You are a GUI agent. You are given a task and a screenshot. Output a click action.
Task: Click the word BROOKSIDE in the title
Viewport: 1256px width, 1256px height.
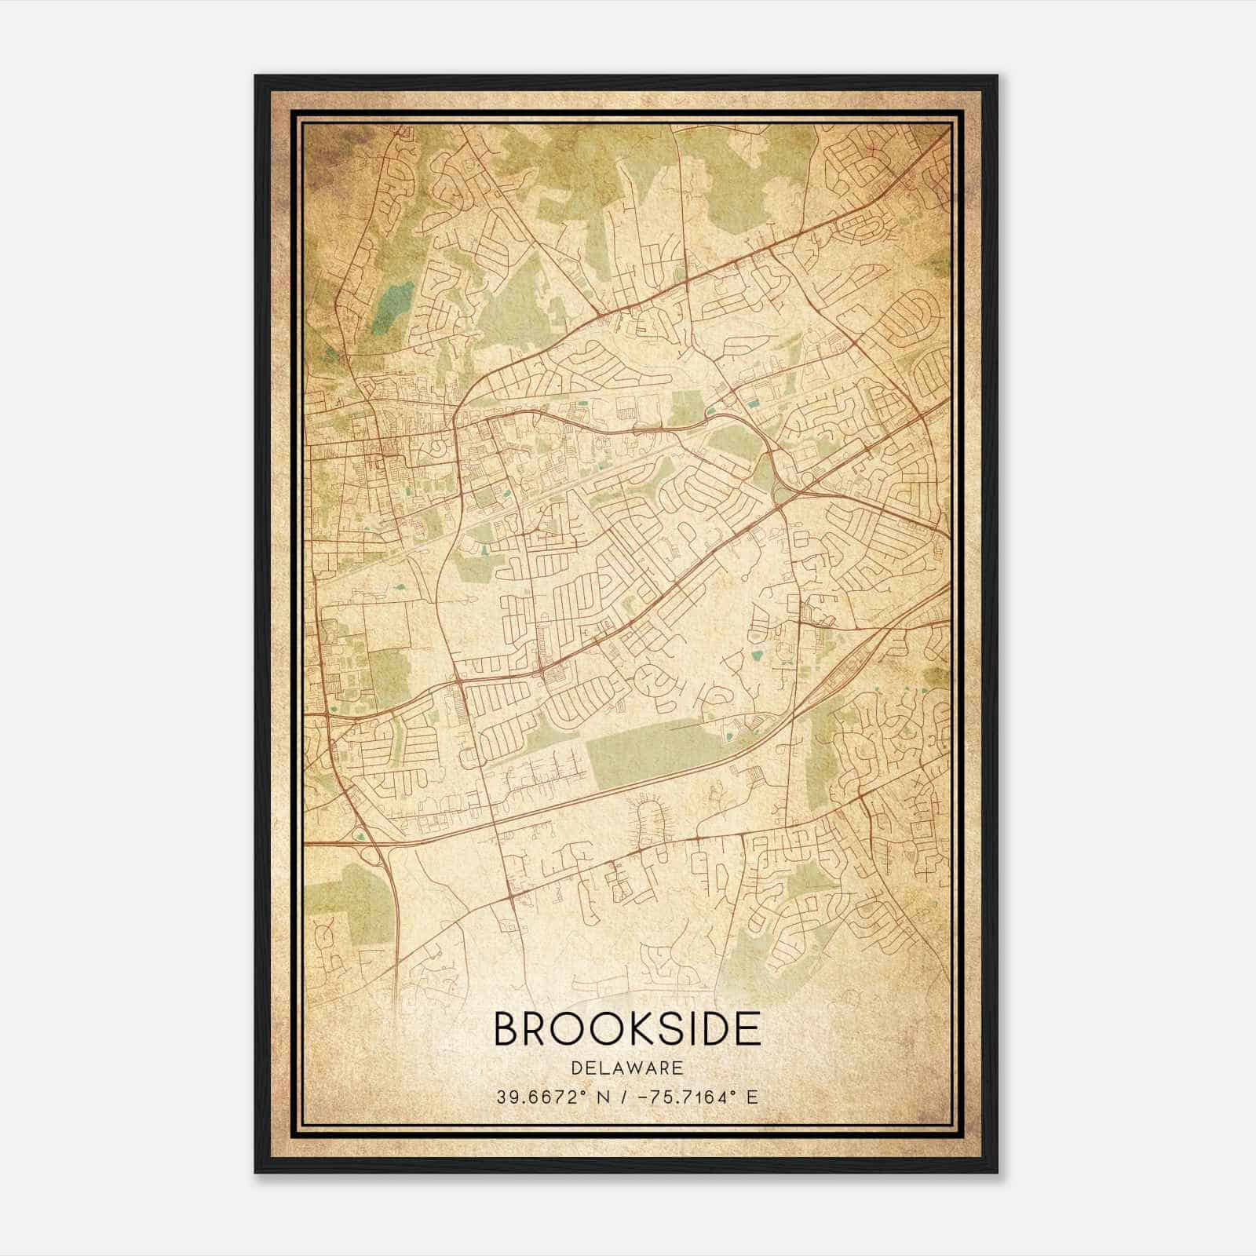click(x=627, y=1028)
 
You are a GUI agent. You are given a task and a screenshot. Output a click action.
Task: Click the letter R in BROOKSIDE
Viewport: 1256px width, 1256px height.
click(x=537, y=1028)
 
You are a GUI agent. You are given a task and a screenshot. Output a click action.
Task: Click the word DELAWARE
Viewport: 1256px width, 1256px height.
click(x=627, y=1068)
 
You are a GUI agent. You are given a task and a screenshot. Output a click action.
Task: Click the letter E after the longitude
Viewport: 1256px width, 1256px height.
click(x=752, y=1097)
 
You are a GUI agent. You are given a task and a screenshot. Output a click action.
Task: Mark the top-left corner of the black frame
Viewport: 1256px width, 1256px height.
click(x=256, y=76)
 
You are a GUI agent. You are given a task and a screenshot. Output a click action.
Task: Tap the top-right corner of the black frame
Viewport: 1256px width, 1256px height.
click(x=997, y=76)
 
